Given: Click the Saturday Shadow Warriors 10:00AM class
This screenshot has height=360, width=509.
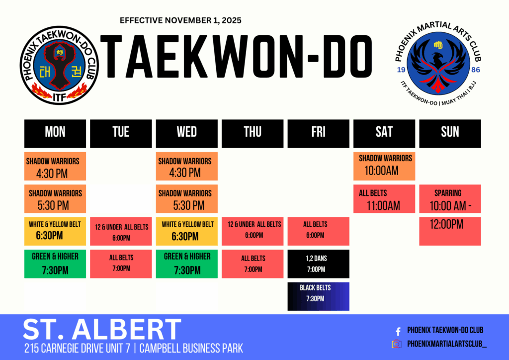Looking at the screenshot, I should [384, 166].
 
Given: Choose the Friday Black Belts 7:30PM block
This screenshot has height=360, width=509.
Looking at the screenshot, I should [318, 296].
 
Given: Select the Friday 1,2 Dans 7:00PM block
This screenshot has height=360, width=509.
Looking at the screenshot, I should [318, 264].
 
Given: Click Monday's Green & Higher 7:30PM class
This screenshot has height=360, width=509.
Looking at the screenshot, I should [55, 264].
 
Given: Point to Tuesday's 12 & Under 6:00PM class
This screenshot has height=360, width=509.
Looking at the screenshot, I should [121, 232].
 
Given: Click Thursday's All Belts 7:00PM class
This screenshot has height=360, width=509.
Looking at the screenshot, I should [253, 264].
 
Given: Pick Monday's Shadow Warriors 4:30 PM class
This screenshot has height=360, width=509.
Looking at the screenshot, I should [55, 166].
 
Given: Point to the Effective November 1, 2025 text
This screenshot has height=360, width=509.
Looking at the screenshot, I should [181, 20].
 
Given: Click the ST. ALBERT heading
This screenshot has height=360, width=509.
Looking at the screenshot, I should [102, 330].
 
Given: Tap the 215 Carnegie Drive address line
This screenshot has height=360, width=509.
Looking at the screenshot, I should [134, 348].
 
